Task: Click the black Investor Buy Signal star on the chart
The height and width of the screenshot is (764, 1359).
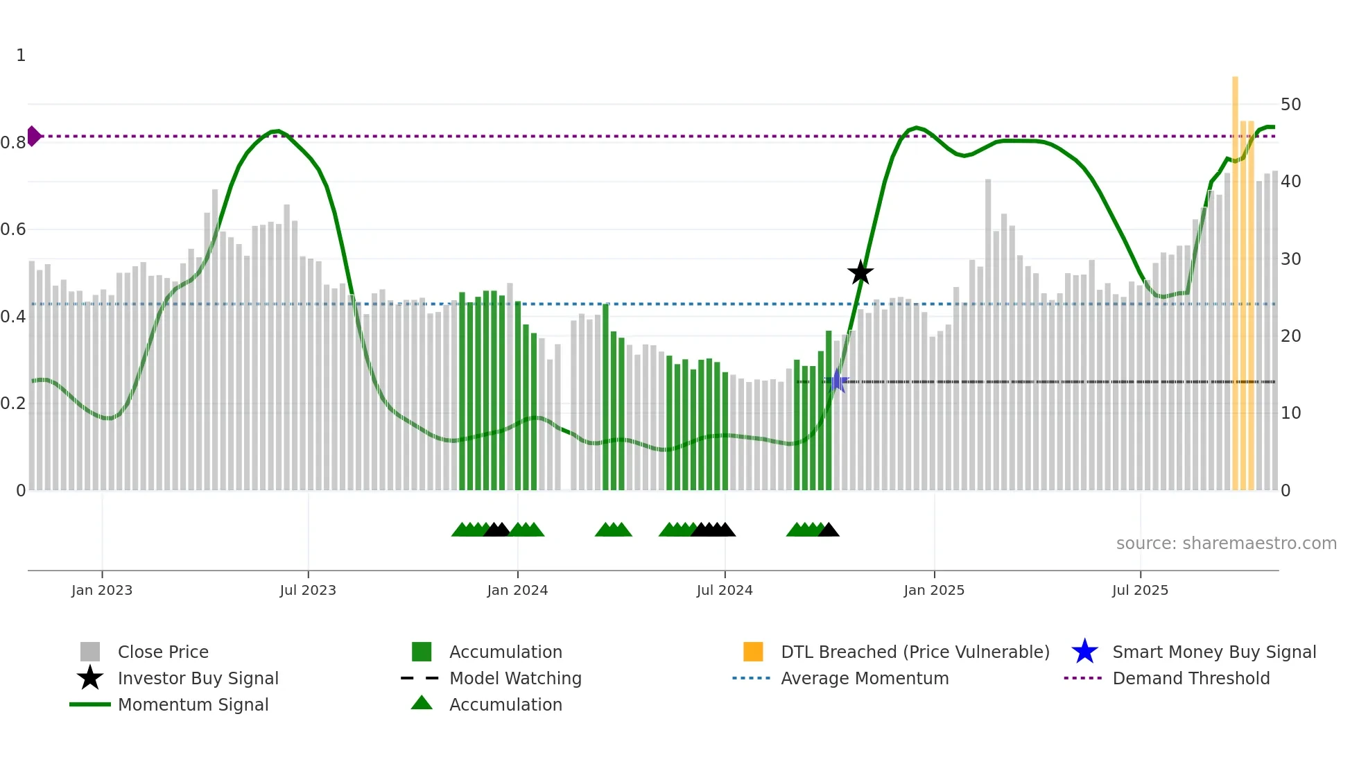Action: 860,272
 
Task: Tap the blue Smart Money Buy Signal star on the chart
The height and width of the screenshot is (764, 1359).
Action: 837,381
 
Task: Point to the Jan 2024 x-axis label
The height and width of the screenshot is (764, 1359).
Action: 517,590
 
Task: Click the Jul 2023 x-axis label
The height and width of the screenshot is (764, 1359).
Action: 308,590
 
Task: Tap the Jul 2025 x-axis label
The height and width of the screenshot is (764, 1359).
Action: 1140,590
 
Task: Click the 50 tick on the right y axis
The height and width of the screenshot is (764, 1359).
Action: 1290,104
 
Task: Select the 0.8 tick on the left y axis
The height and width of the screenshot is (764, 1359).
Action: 13,143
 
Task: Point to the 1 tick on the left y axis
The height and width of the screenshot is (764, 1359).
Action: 21,55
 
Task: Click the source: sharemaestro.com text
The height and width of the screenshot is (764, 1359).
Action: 1226,543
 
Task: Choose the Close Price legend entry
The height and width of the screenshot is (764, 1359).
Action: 163,652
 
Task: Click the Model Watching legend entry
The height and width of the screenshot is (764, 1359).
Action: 515,678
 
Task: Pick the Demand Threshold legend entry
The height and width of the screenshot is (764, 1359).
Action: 1191,678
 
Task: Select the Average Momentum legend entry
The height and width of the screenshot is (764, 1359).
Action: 865,678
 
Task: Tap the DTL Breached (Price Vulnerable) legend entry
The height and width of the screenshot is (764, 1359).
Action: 915,652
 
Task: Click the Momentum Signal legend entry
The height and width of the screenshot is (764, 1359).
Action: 193,704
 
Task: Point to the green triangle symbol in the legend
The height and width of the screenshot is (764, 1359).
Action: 422,703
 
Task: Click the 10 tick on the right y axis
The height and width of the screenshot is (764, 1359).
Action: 1290,413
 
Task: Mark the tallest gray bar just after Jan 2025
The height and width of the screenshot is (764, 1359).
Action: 988,333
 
